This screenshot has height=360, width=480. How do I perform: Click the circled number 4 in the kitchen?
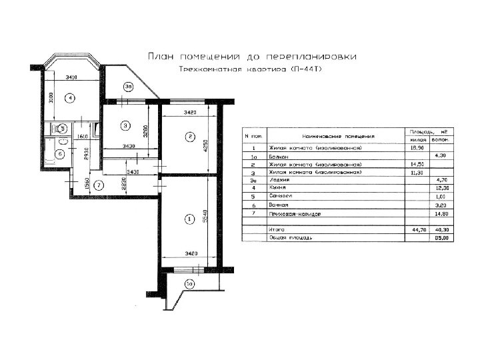[x=69, y=98]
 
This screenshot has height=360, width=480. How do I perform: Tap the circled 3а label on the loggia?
[x=129, y=85]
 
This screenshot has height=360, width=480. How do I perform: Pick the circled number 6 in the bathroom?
[x=59, y=154]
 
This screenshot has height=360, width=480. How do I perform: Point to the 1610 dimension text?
[x=83, y=137]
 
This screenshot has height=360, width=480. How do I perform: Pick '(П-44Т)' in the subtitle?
[x=305, y=69]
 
